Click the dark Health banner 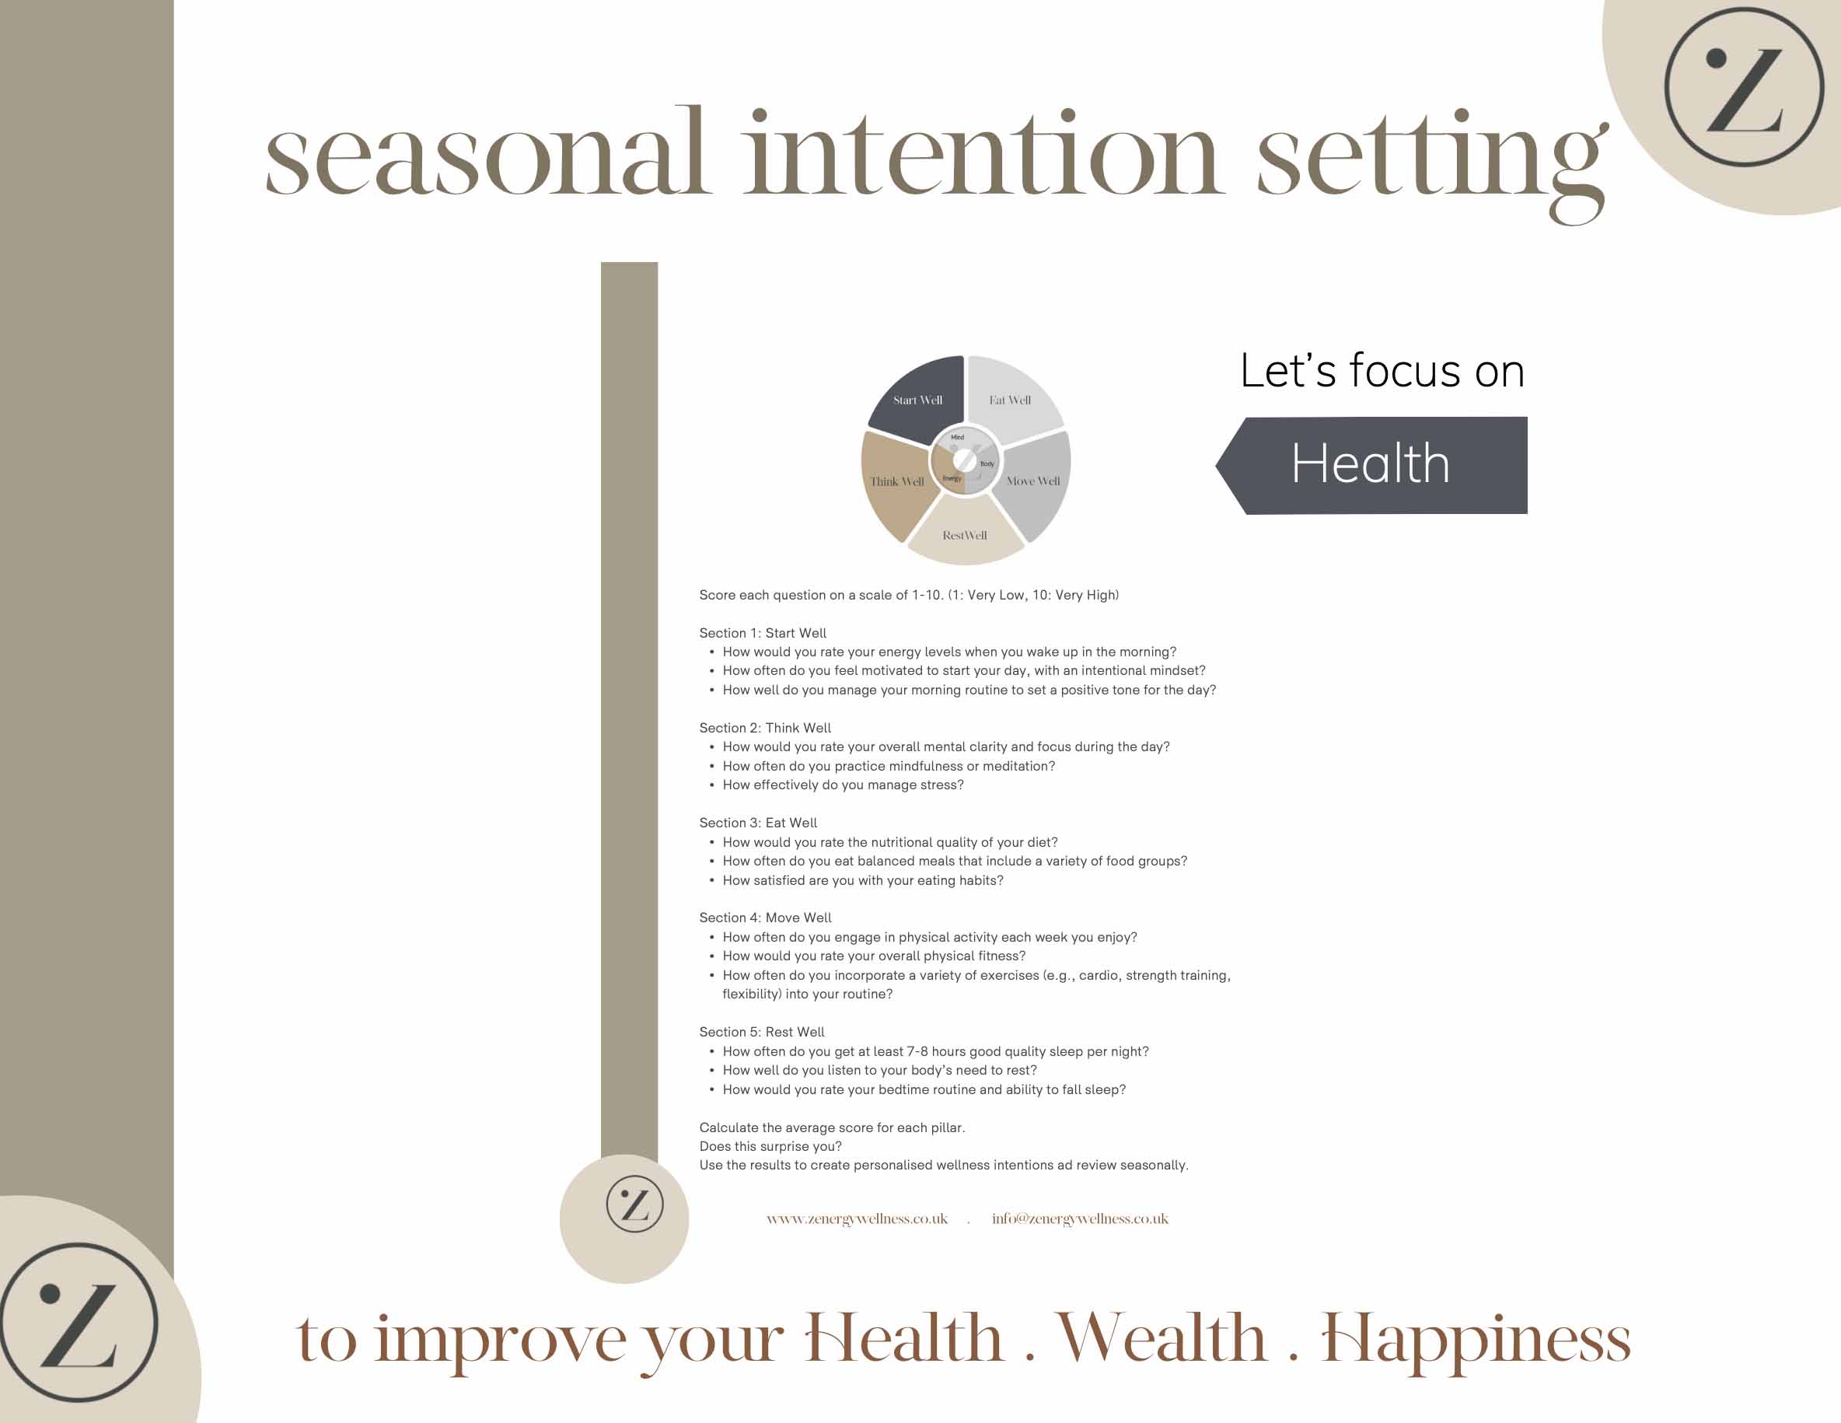[x=1371, y=464]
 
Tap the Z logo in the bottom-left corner [x=79, y=1322]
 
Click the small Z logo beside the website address [x=634, y=1204]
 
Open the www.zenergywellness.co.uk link [x=857, y=1219]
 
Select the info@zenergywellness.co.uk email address [x=1080, y=1219]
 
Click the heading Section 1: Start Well [x=763, y=633]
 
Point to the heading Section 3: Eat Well [x=758, y=823]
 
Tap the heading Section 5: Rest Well [x=762, y=1032]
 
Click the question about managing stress [x=843, y=785]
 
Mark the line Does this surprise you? [x=770, y=1146]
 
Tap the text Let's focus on [x=1382, y=371]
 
